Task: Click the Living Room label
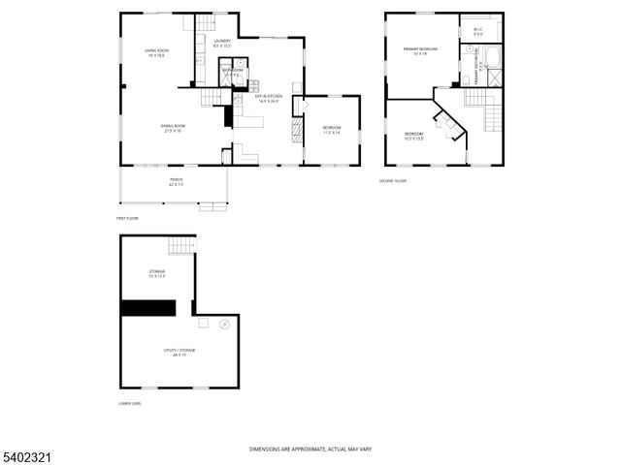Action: pos(157,52)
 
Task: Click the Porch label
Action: pos(176,181)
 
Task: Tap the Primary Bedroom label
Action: pos(421,50)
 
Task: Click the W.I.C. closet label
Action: pos(478,31)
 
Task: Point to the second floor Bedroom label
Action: pos(413,135)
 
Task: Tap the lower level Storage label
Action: pos(156,273)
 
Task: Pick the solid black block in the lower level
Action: pos(147,308)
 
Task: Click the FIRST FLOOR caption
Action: pos(129,218)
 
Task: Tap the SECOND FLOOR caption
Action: pos(393,180)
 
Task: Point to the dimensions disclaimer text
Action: pos(310,449)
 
